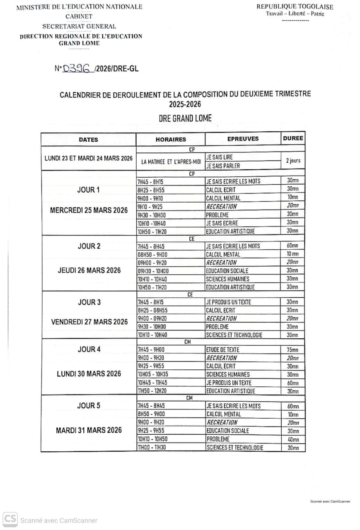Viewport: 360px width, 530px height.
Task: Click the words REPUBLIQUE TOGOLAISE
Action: pyautogui.click(x=295, y=7)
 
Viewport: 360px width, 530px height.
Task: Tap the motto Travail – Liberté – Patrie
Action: pyautogui.click(x=295, y=14)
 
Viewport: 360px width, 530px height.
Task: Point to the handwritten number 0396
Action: pyautogui.click(x=77, y=69)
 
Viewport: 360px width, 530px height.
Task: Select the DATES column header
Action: pyautogui.click(x=88, y=140)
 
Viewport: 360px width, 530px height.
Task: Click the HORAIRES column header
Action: pyautogui.click(x=171, y=140)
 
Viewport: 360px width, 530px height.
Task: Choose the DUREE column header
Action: pyautogui.click(x=293, y=138)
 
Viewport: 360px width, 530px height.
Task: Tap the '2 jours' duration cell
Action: pyautogui.click(x=293, y=161)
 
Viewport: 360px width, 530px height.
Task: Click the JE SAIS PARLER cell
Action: pyautogui.click(x=223, y=166)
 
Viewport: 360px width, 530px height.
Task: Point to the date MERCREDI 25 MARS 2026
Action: pyautogui.click(x=88, y=210)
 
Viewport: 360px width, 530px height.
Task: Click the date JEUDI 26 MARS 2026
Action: pyautogui.click(x=88, y=270)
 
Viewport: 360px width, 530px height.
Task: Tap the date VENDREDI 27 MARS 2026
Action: pyautogui.click(x=89, y=322)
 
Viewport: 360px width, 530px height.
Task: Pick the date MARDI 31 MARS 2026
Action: pyautogui.click(x=89, y=430)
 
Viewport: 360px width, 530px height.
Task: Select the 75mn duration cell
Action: pyautogui.click(x=293, y=350)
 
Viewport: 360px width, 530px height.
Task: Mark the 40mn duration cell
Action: pyautogui.click(x=293, y=439)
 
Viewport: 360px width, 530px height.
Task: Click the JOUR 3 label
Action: pyautogui.click(x=89, y=302)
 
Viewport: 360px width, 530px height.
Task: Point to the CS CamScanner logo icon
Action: pyautogui.click(x=10, y=519)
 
